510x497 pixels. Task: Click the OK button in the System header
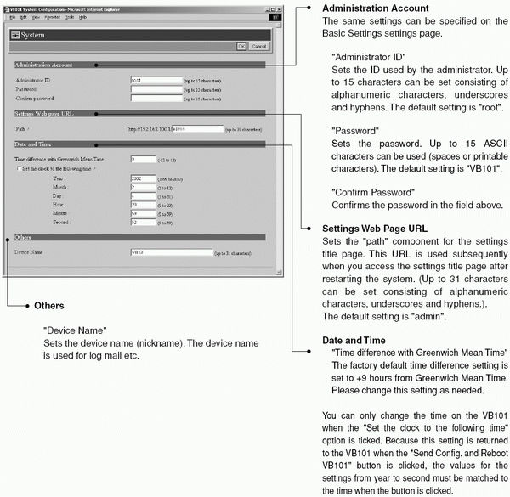[241, 46]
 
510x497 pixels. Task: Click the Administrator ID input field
[156, 79]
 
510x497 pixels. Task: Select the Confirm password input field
[156, 98]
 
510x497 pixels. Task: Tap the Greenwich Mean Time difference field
[143, 159]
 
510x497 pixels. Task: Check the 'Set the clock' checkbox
[19, 169]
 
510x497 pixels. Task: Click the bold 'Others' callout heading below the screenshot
[49, 305]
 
